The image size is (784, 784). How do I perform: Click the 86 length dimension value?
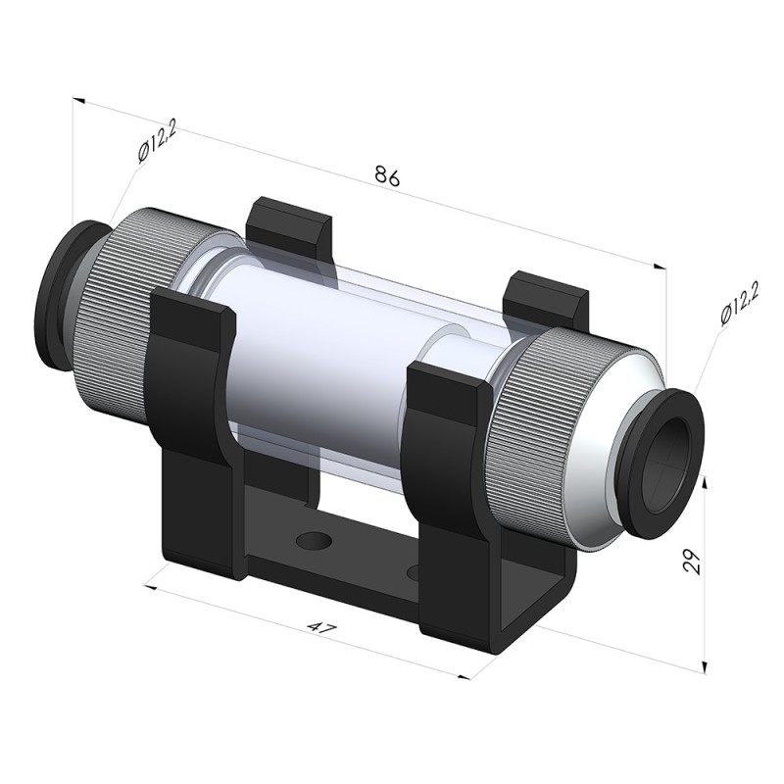(x=387, y=176)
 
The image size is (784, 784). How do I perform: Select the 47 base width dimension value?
(x=319, y=627)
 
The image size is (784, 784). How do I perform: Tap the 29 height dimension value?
(x=692, y=561)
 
